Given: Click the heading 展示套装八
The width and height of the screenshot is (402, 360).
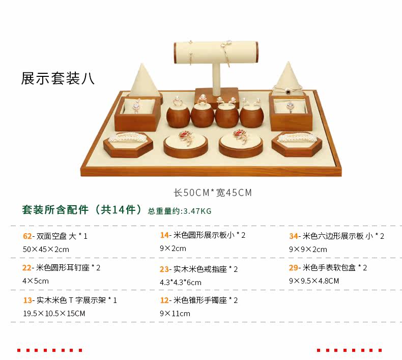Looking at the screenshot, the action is [x=58, y=78].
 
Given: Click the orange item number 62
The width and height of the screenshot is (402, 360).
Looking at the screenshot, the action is [x=27, y=236].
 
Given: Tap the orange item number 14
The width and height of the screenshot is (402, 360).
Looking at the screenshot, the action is [x=164, y=235].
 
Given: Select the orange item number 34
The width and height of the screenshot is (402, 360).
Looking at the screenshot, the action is [x=294, y=236].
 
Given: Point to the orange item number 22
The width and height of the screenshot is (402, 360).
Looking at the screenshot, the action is [x=27, y=268].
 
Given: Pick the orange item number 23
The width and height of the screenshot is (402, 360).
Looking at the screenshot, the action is [x=164, y=269].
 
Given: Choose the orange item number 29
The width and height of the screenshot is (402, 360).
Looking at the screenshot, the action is [x=294, y=268].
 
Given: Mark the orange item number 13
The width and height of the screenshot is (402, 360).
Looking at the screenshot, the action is [x=27, y=300].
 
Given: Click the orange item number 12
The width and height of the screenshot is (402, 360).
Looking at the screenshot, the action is [x=164, y=300].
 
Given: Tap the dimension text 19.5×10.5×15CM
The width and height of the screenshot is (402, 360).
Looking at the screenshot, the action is [x=54, y=314].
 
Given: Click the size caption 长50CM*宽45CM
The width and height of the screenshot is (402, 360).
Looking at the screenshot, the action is [x=213, y=192].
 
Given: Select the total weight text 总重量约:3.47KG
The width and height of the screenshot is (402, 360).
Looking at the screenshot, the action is [x=180, y=211].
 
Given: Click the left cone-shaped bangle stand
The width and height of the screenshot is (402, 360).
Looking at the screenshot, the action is [x=139, y=80].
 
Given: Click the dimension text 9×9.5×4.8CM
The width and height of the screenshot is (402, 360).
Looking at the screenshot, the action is [x=314, y=281].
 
